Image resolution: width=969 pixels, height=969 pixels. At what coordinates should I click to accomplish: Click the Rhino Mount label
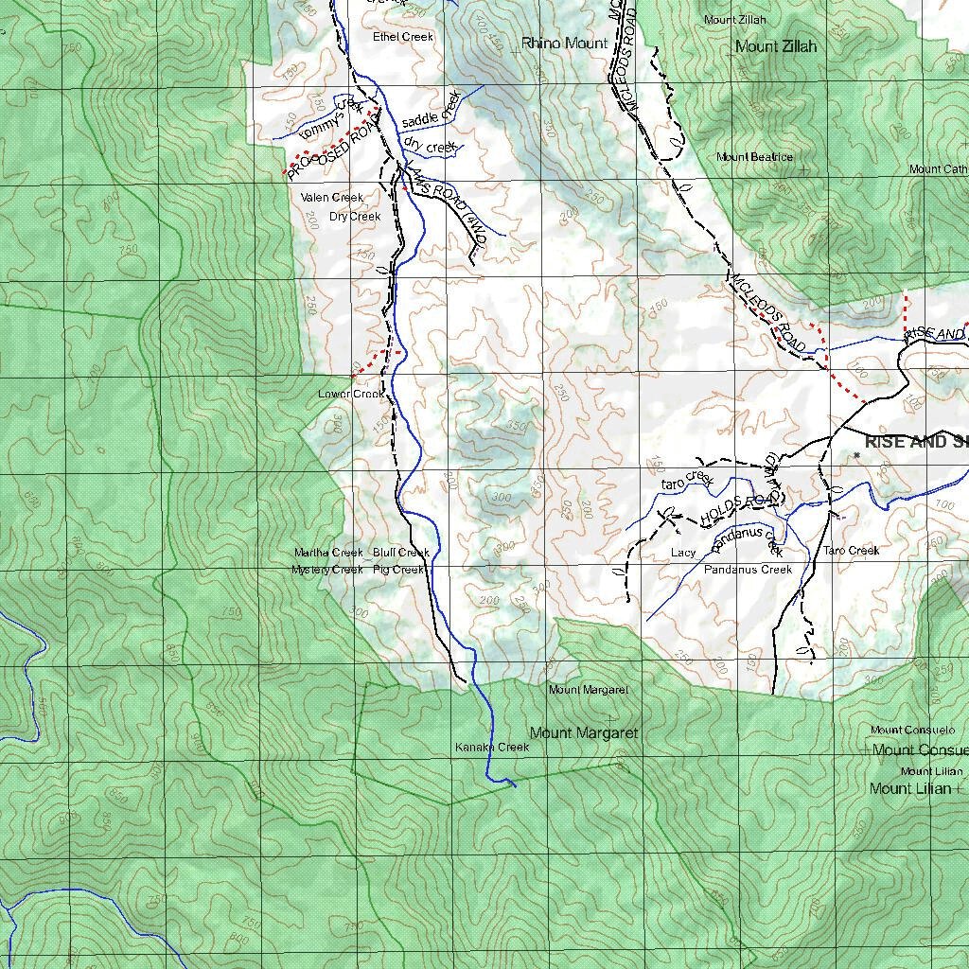(x=564, y=44)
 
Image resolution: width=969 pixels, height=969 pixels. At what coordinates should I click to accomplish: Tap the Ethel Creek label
(x=403, y=37)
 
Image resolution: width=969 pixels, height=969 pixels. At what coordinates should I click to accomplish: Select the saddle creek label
(x=431, y=110)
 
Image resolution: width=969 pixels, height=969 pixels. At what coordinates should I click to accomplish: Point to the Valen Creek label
(x=332, y=198)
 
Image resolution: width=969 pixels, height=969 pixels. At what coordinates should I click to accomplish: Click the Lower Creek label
(x=351, y=394)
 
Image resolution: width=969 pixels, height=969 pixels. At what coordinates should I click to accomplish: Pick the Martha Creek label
(x=328, y=553)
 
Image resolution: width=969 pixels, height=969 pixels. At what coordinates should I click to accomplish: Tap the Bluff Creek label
(x=401, y=553)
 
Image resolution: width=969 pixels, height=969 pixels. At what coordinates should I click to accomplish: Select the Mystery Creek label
(x=327, y=570)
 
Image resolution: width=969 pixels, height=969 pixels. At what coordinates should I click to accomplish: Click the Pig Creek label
(x=398, y=570)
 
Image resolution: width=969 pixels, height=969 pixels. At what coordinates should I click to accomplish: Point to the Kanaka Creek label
(x=492, y=748)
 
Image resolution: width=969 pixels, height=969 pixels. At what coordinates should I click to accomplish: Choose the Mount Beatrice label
(x=754, y=157)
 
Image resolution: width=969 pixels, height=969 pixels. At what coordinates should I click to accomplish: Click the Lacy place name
(x=683, y=553)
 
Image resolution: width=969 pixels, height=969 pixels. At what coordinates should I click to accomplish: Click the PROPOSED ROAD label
(x=332, y=144)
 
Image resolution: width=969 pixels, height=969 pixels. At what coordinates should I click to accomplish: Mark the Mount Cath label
(x=938, y=169)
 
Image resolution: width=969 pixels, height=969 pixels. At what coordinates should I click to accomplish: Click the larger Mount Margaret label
(x=584, y=733)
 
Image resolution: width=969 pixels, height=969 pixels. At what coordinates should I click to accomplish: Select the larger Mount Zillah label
(x=776, y=46)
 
